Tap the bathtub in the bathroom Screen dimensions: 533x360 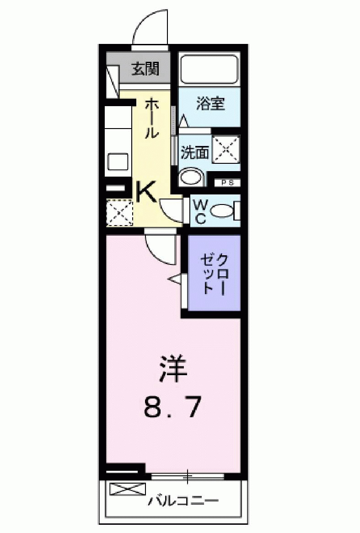tap(209, 69)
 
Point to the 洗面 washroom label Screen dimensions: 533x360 tap(194, 152)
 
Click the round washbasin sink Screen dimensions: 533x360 tap(191, 178)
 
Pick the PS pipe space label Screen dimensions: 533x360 tap(227, 183)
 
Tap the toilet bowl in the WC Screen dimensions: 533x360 tap(223, 211)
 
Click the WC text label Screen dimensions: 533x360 tap(200, 211)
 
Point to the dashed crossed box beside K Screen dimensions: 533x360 tap(119, 213)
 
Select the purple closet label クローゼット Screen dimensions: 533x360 tap(214, 273)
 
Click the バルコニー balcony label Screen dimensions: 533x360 tap(183, 501)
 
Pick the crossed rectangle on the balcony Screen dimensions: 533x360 tap(128, 489)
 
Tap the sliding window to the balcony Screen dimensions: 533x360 tap(188, 477)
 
